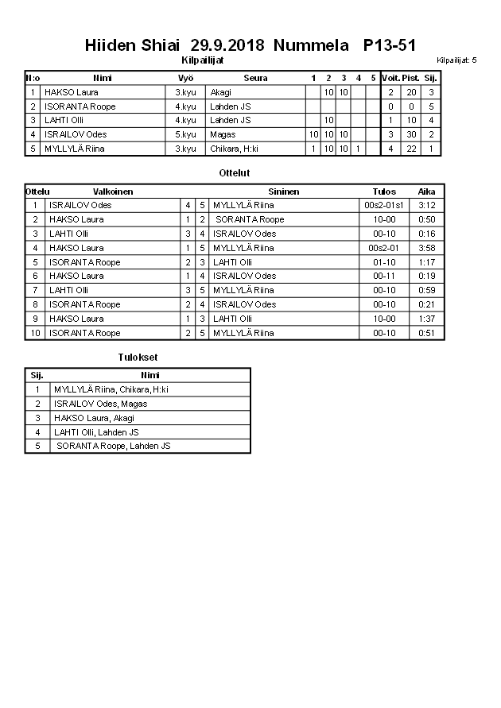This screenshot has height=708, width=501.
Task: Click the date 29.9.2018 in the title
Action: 227,45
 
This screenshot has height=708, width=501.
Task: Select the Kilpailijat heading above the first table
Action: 203,60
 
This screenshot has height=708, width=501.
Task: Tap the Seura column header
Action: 255,78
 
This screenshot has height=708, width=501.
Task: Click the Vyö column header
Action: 185,78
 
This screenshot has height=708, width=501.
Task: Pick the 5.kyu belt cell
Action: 185,134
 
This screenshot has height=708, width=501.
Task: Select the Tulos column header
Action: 384,192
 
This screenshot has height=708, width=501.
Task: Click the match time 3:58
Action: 426,248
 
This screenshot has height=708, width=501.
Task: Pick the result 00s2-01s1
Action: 384,205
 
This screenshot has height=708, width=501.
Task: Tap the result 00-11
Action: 384,276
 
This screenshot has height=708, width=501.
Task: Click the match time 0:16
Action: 426,234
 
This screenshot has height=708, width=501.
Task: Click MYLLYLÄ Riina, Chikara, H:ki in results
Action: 111,389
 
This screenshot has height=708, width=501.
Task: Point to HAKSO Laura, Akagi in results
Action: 94,418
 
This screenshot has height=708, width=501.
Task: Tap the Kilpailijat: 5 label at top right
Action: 456,60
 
